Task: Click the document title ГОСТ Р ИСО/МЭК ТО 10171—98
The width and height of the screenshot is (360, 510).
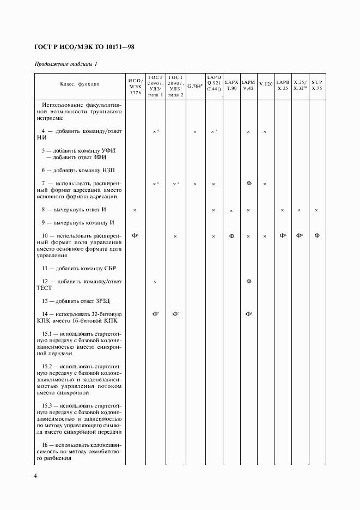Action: click(84, 47)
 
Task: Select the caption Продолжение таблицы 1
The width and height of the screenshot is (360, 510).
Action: click(66, 64)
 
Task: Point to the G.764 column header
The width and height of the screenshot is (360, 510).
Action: click(195, 86)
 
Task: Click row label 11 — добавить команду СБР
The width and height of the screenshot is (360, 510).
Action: click(80, 268)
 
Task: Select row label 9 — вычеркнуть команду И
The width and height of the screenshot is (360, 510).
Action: click(78, 222)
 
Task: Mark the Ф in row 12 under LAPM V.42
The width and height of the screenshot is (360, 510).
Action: click(248, 281)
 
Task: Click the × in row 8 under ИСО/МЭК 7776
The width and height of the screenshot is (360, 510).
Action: click(135, 210)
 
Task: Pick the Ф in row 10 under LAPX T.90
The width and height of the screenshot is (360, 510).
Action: click(231, 235)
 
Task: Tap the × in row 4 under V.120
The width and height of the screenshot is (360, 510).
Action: click(265, 132)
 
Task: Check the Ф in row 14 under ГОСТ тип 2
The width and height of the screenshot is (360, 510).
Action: click(175, 314)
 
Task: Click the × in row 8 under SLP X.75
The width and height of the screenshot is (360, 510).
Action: click(316, 210)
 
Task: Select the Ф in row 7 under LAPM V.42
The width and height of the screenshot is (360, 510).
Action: click(248, 184)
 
